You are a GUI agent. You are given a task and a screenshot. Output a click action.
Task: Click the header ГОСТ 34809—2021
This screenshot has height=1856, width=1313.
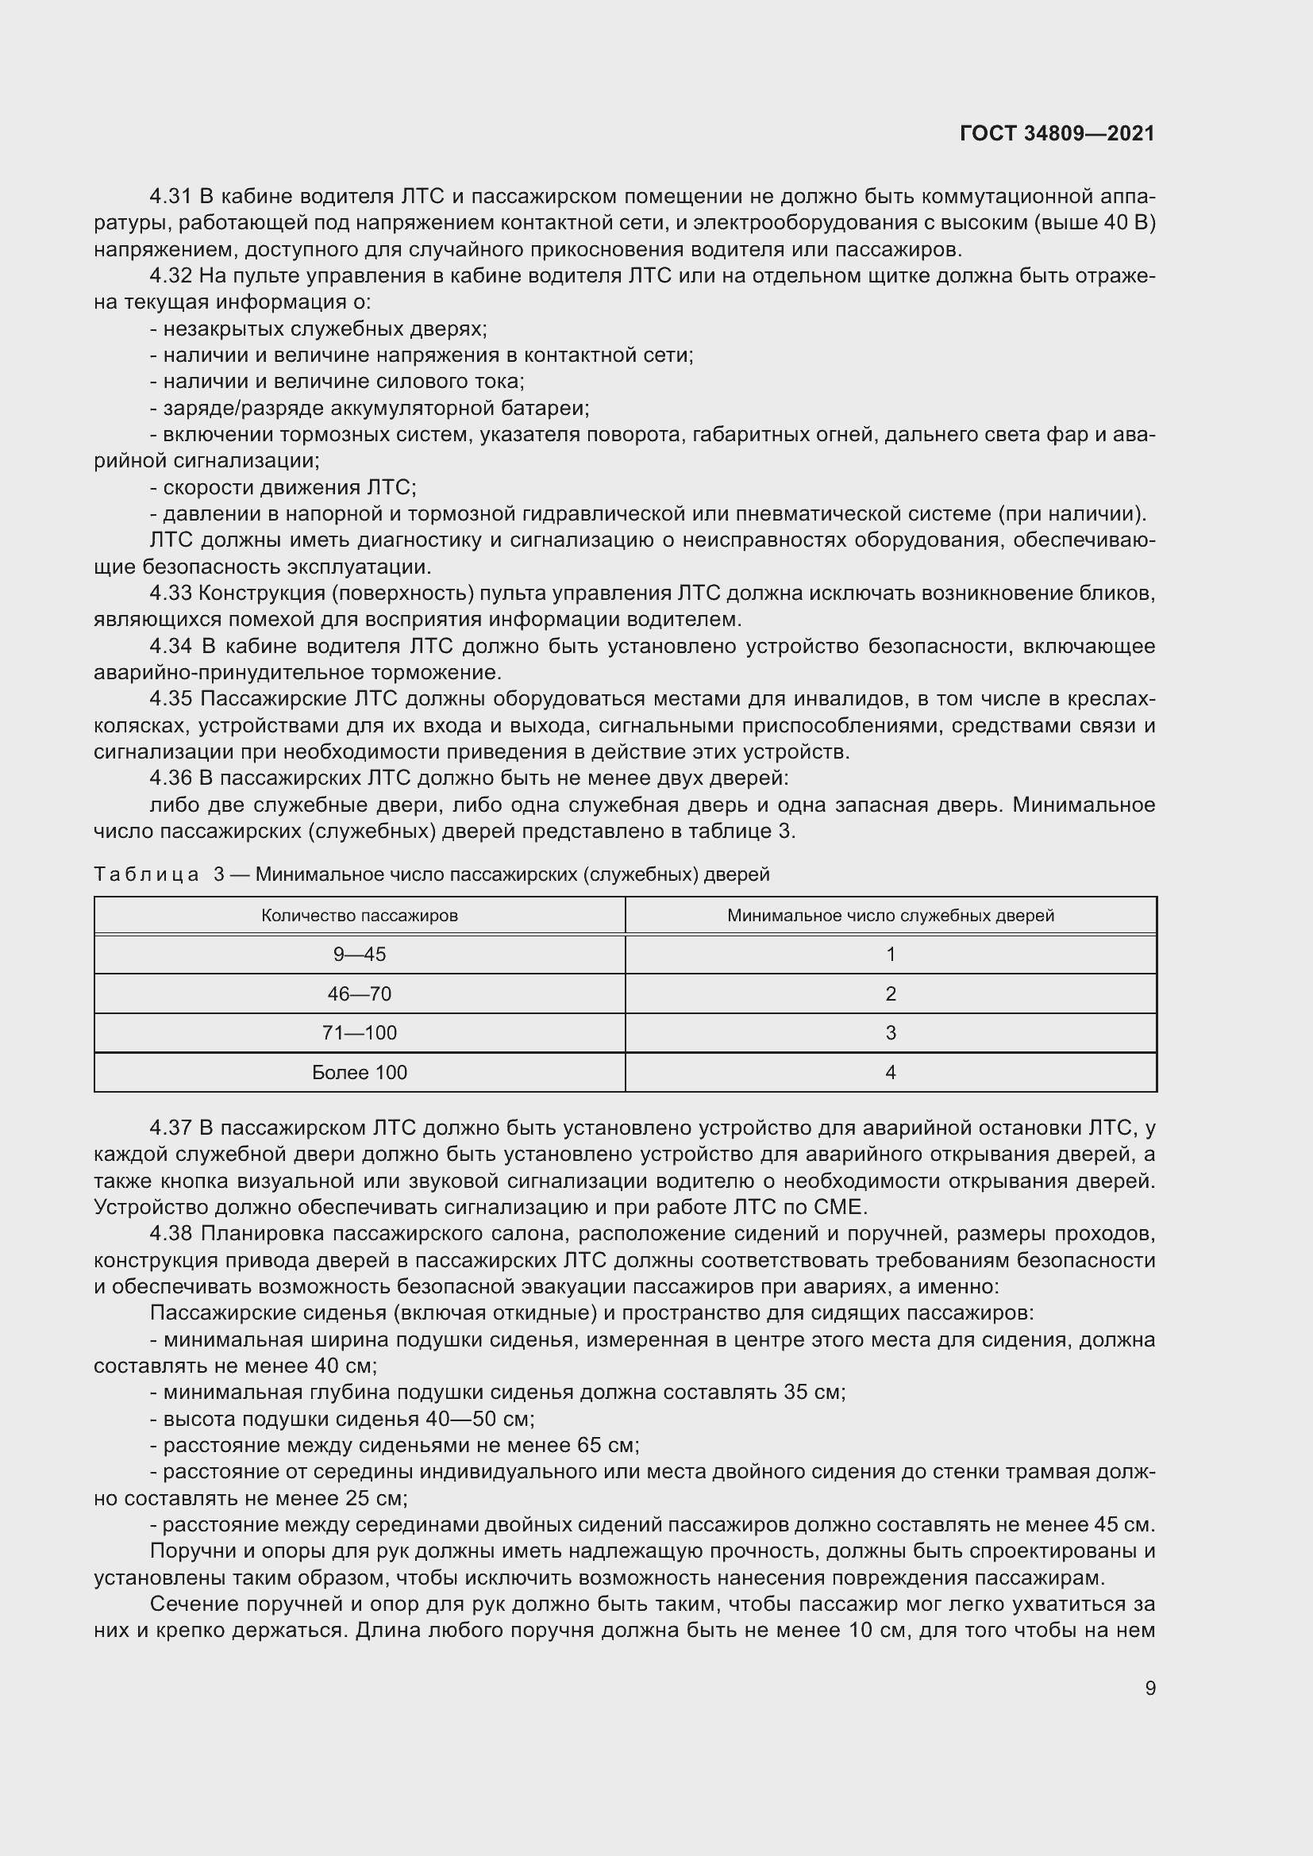tap(1057, 133)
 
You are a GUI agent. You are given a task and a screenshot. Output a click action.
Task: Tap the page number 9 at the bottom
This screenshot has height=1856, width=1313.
tap(1149, 1688)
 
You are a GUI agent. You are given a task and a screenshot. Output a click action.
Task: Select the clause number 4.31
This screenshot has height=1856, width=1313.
tap(170, 197)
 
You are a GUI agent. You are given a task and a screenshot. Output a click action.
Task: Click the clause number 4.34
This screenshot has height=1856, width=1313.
tap(170, 647)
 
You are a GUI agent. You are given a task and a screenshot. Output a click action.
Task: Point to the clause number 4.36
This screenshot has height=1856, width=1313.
tap(170, 778)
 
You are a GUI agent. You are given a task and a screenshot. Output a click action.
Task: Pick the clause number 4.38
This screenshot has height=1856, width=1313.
tap(170, 1234)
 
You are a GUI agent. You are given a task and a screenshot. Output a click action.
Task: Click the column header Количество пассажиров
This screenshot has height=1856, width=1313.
tap(359, 916)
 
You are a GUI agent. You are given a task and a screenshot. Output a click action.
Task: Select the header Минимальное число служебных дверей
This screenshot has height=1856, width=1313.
tap(890, 916)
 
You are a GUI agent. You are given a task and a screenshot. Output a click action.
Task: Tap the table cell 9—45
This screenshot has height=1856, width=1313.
tap(359, 955)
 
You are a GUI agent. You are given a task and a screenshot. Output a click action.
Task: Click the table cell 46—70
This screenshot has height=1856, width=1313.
tap(359, 994)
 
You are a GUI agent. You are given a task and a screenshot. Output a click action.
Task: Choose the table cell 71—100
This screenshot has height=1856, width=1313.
tap(359, 1033)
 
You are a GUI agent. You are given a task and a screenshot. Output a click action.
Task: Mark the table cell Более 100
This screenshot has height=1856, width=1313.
tap(359, 1073)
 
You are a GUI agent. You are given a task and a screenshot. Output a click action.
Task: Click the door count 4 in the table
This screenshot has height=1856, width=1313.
tap(890, 1073)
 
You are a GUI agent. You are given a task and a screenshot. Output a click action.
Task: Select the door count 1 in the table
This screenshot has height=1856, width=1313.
tap(890, 955)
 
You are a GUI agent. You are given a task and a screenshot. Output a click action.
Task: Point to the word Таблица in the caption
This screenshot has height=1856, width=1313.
tap(146, 874)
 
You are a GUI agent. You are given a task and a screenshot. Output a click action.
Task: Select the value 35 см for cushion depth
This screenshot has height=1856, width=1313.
tap(813, 1392)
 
